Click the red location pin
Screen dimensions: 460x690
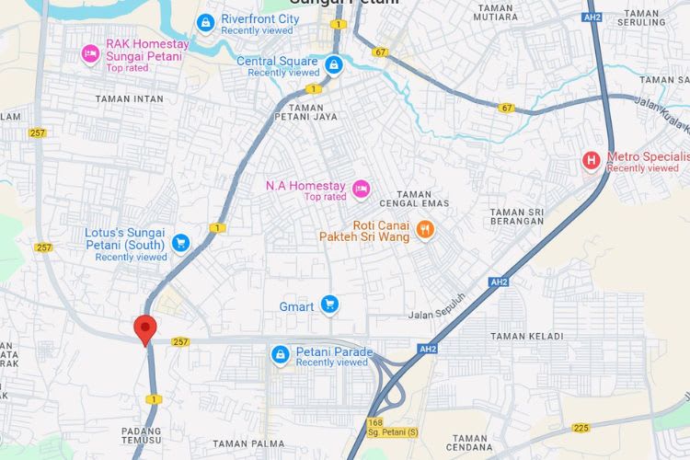click(144, 328)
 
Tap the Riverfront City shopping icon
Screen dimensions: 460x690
click(206, 22)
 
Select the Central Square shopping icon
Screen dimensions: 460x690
click(334, 64)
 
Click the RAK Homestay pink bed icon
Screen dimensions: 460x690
click(90, 53)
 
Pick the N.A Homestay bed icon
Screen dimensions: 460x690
click(362, 189)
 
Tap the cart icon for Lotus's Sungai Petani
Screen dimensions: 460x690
click(181, 242)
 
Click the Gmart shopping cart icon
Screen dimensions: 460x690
click(329, 305)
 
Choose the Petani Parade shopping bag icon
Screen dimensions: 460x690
click(281, 353)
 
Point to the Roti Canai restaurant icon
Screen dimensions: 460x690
click(424, 230)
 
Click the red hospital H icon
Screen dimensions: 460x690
click(592, 161)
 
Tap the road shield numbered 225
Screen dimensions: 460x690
click(581, 428)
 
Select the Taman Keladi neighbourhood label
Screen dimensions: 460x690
click(526, 337)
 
